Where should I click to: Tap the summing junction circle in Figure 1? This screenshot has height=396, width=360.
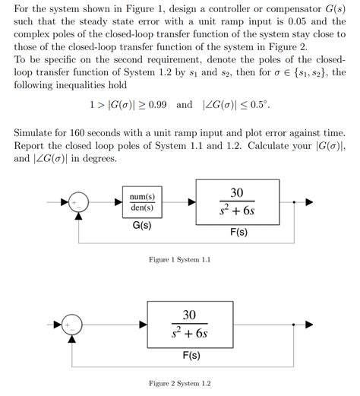click(x=78, y=203)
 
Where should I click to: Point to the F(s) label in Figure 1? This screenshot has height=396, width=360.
click(x=238, y=233)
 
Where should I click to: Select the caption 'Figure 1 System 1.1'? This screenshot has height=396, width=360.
click(x=179, y=261)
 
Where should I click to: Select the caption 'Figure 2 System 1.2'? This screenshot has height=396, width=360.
click(x=179, y=382)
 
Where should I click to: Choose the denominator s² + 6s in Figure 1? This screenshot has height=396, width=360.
click(x=238, y=213)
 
